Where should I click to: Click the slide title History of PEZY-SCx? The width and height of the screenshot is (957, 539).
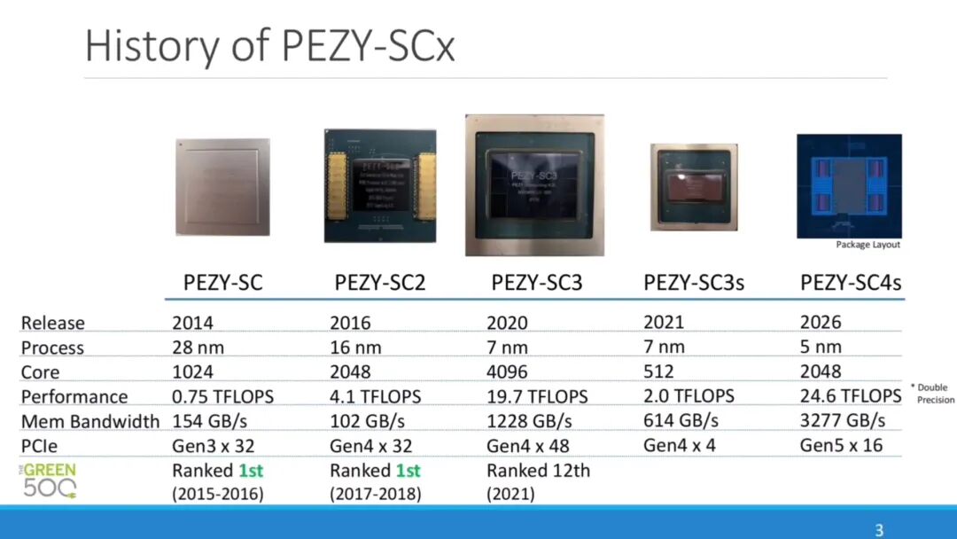[270, 46]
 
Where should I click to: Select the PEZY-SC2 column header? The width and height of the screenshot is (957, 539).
[380, 283]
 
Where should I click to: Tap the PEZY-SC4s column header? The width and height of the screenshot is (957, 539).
[851, 283]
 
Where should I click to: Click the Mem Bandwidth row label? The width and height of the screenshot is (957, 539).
[90, 421]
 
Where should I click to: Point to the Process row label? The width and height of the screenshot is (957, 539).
[52, 348]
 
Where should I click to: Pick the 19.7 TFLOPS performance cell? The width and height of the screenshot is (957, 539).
[537, 396]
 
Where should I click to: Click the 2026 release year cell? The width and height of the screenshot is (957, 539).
[821, 323]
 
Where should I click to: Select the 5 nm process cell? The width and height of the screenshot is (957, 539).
[821, 347]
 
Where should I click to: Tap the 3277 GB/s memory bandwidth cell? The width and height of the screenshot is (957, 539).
[843, 419]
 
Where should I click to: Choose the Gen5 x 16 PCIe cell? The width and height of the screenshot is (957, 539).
[842, 444]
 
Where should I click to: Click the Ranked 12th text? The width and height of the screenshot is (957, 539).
[538, 470]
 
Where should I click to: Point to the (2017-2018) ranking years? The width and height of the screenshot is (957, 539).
[376, 494]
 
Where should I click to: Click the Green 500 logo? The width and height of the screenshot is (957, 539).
[50, 480]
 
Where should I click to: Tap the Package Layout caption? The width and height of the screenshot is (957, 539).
[868, 245]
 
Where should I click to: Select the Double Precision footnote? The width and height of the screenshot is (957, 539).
[932, 394]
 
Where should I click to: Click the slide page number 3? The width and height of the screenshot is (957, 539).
[879, 530]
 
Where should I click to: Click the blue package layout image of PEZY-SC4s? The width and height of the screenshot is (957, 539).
[849, 186]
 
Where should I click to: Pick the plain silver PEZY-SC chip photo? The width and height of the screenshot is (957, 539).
[222, 187]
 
